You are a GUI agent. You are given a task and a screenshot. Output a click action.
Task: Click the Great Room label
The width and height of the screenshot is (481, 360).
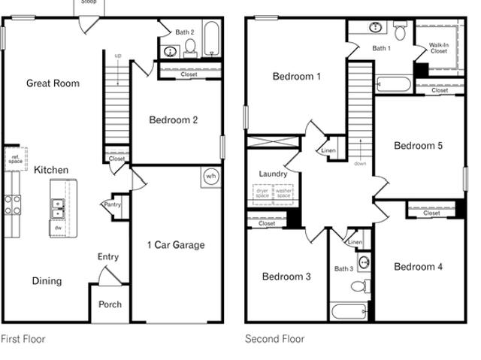(x=53, y=83)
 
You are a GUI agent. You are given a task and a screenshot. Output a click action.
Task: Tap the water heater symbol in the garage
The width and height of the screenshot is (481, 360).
(x=211, y=177)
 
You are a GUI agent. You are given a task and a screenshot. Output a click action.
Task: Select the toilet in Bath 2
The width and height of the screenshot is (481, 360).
(x=190, y=47)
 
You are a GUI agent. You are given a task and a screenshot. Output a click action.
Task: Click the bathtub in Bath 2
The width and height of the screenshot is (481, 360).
(x=211, y=38)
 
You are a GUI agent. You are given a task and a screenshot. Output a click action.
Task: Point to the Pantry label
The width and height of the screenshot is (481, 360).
(x=113, y=204)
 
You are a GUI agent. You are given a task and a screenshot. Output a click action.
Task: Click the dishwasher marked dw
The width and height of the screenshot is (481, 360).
(x=58, y=228)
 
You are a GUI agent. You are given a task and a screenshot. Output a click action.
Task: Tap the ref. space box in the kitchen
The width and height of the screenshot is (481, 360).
(x=16, y=159)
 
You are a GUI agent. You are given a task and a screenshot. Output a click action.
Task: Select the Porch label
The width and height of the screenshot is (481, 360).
(x=110, y=304)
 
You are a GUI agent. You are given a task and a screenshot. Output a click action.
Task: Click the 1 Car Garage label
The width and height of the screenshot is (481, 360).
(x=176, y=245)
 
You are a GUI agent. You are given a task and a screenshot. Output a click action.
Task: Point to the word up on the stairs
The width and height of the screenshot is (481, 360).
(x=118, y=56)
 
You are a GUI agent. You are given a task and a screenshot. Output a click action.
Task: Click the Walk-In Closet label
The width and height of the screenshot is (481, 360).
(x=439, y=48)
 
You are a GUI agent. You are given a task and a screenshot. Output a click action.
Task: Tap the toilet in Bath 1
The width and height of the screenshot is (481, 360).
(x=400, y=31)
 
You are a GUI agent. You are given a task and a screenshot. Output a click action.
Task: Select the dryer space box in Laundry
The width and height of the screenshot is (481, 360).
(x=262, y=195)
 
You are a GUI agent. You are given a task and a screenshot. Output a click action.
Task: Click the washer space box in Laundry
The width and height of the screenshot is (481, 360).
(x=283, y=195)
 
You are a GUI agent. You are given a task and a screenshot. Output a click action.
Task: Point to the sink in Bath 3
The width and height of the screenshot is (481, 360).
(x=364, y=262)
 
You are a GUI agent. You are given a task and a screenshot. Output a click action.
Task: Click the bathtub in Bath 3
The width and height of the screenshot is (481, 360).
(x=349, y=312)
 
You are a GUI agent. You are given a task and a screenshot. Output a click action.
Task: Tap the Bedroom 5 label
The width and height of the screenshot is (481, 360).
(x=418, y=146)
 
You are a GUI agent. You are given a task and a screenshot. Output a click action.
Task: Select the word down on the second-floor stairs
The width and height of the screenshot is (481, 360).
(x=360, y=163)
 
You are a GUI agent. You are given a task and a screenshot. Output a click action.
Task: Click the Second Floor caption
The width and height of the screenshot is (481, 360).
(x=274, y=339)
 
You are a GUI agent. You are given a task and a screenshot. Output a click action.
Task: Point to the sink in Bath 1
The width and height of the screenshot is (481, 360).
(x=375, y=27)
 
